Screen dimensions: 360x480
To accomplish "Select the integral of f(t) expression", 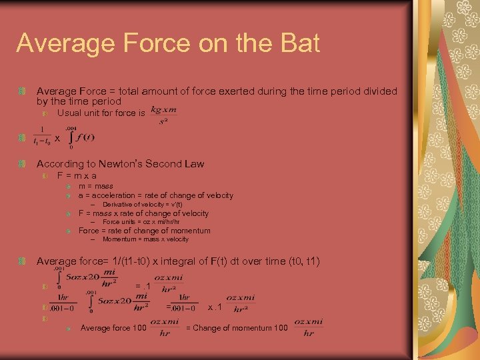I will coord(80,138).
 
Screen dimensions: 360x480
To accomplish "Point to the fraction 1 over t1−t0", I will coord(43,137).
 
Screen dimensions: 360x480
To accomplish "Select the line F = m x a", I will coord(77,176).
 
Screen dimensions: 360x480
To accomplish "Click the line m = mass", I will coord(96,186).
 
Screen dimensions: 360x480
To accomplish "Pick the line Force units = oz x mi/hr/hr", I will coord(141,222).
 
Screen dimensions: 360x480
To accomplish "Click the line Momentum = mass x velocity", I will coord(145,239).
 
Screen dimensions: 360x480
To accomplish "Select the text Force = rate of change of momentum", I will coord(145,231).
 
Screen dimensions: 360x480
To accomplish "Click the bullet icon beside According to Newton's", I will coord(23,164).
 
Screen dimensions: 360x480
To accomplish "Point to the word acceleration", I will coord(105,195).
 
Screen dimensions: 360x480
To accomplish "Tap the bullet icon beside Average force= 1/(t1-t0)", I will coord(23,261).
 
